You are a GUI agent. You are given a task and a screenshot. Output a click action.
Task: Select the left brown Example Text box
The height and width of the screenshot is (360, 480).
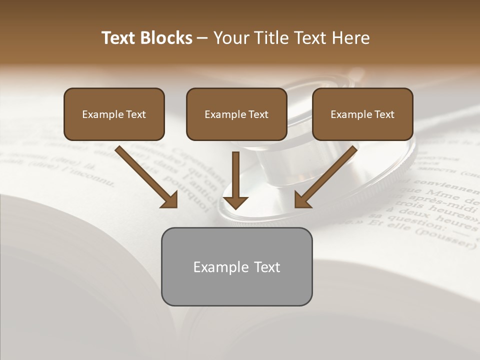pos(114,114)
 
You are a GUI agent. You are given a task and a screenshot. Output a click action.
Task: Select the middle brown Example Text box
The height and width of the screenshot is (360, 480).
pos(236,114)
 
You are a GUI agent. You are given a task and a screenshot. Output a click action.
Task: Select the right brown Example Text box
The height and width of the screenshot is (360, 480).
pos(362,114)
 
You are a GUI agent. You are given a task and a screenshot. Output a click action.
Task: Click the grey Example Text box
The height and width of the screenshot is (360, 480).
pos(236,266)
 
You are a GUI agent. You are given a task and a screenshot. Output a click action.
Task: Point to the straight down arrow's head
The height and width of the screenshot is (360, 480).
pos(235,202)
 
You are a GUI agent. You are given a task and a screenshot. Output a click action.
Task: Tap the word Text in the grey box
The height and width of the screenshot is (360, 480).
pos(267,267)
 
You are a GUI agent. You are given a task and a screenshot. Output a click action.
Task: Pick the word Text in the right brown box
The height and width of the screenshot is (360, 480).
pos(384,114)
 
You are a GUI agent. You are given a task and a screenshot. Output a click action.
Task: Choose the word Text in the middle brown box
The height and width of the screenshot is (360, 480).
pos(258,114)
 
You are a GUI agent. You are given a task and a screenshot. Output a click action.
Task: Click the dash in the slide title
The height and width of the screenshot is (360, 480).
pos(203,38)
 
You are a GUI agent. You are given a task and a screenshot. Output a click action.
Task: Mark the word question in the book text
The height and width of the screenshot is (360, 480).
pos(397,218)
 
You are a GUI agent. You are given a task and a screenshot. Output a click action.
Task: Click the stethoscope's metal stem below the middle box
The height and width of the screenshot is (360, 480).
pos(272,170)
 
